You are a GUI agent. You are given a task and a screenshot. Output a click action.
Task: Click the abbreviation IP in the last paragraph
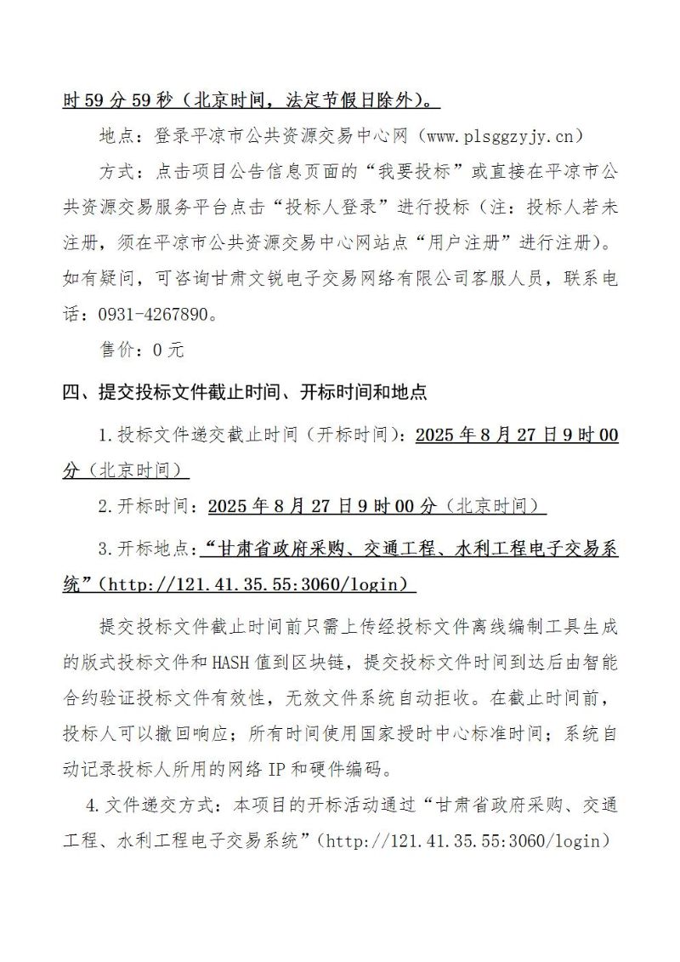point(277,770)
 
